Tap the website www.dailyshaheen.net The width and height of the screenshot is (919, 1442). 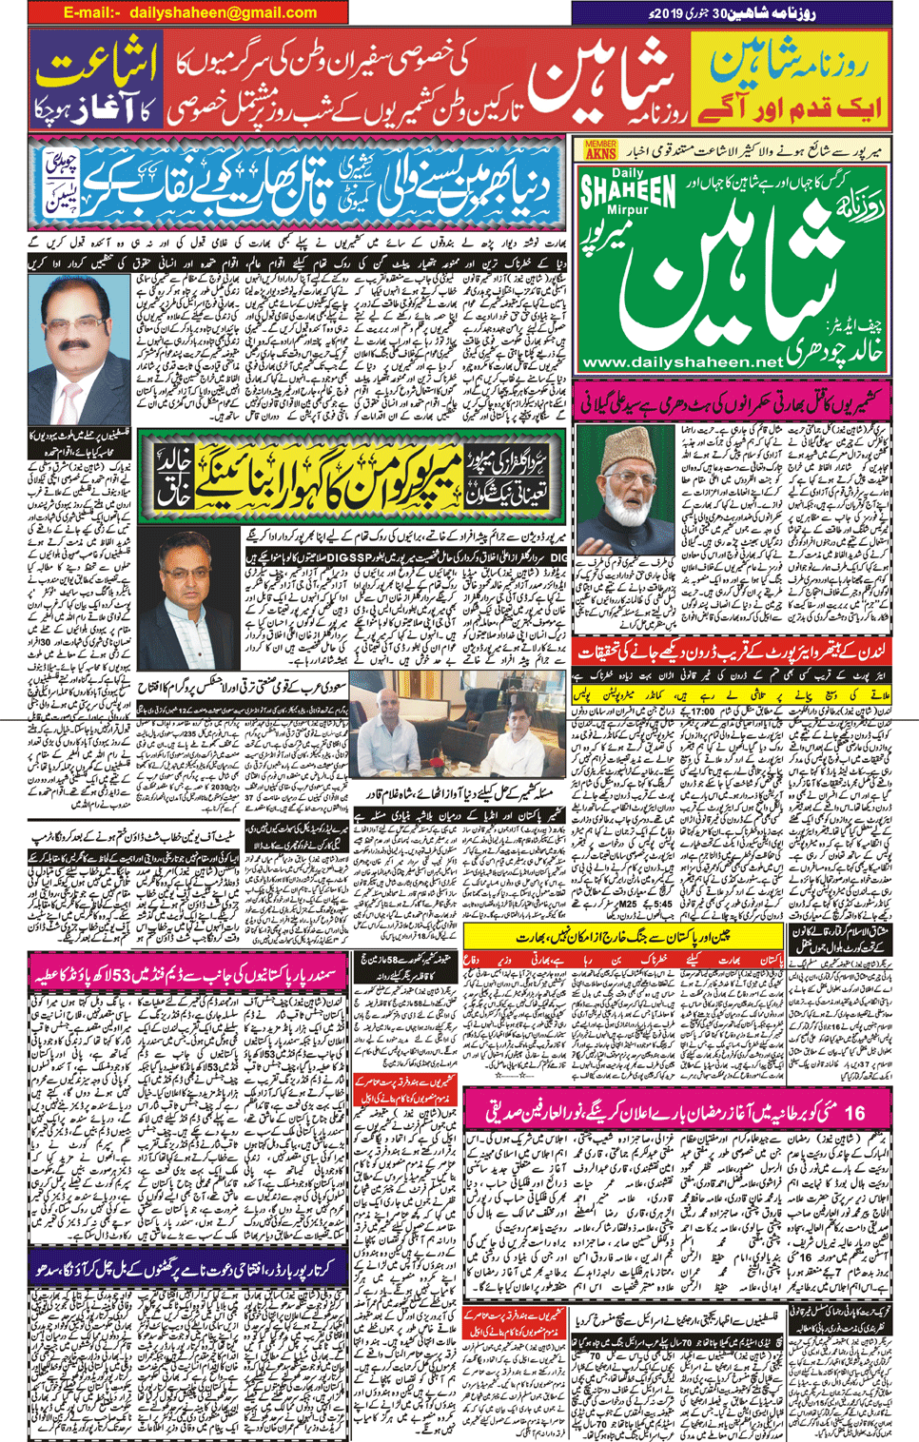tap(681, 362)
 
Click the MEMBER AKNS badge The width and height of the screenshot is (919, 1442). tap(600, 150)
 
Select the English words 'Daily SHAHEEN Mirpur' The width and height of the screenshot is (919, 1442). tap(628, 194)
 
